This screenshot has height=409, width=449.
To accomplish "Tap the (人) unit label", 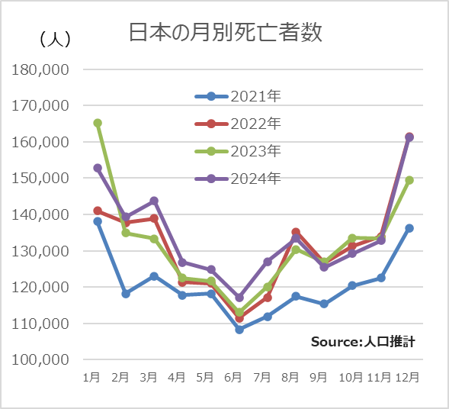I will pos(54,38).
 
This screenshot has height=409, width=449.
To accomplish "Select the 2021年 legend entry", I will pos(239,96).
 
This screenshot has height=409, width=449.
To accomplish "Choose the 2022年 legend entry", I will pos(239,124).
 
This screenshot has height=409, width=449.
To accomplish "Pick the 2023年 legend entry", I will pos(239,151).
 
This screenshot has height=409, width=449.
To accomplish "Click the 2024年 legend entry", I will pos(239,179).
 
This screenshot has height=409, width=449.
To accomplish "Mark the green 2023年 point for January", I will pos(98,123).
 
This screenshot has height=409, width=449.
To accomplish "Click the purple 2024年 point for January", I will pos(98,168).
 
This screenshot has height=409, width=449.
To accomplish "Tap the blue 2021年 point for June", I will pos(239,330).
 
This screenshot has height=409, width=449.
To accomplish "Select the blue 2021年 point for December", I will pos(409,228).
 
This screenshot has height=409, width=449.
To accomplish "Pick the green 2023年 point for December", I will pos(409,180).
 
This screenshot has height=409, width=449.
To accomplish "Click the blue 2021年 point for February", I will pos(126,294).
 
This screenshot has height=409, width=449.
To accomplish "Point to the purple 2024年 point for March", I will pos(154,201).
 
